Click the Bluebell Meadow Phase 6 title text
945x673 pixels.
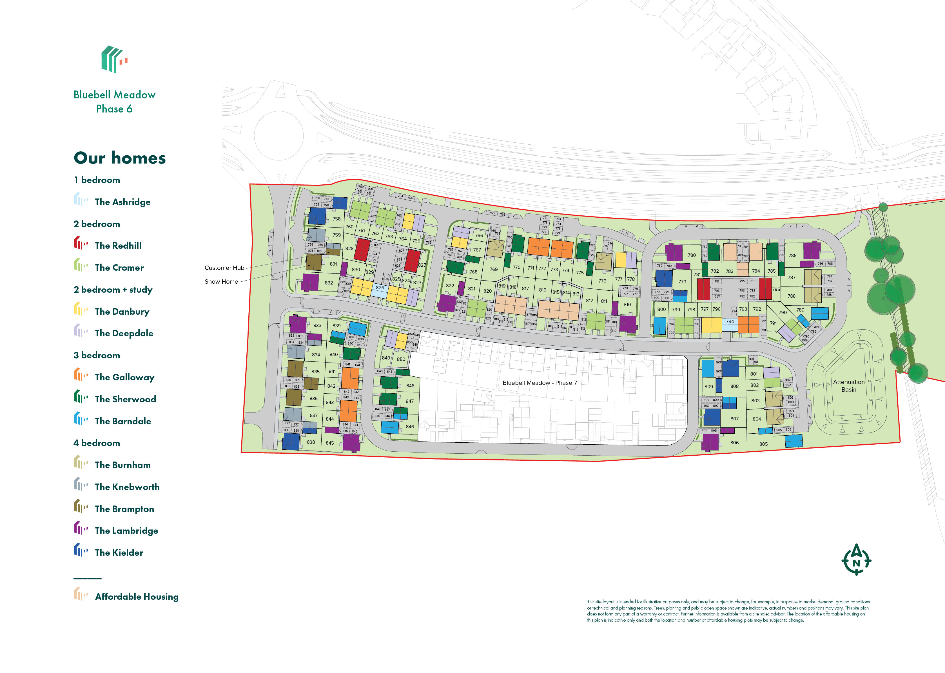114,101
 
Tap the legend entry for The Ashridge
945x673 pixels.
122,202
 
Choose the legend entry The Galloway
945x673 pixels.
124,377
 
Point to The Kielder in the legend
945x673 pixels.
119,552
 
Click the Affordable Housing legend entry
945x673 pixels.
137,596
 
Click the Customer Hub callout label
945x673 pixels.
224,268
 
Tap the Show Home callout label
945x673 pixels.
221,281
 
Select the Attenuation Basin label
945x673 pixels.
848,386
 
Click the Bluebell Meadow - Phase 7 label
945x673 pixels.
539,383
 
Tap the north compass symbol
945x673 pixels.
856,560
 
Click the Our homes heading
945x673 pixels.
120,158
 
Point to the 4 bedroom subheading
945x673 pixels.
97,443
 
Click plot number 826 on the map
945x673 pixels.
380,288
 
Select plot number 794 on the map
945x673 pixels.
730,322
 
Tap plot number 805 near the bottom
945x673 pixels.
763,444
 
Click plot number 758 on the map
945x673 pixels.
336,219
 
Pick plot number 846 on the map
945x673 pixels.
410,426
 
